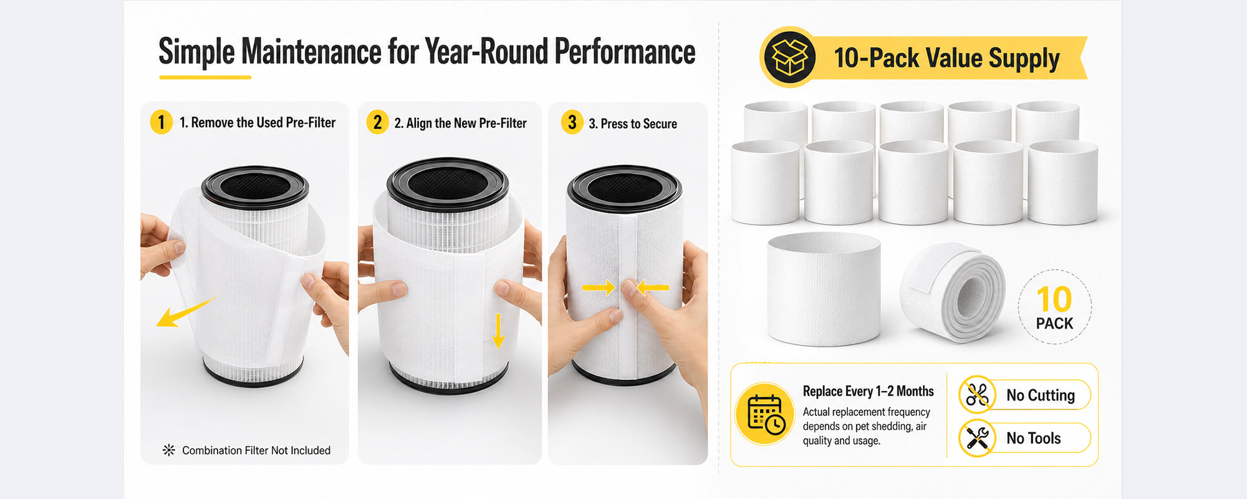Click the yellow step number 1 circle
[x=161, y=122]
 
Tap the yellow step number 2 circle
[x=377, y=122]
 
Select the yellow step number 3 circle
[x=572, y=122]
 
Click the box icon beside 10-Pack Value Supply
[x=790, y=57]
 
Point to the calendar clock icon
[x=765, y=414]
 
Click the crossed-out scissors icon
[x=977, y=394]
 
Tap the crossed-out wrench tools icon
[x=977, y=438]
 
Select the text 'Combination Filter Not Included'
[x=256, y=450]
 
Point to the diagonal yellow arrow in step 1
[x=185, y=311]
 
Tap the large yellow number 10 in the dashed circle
[x=1054, y=299]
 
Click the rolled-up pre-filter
[x=952, y=292]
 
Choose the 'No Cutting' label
[x=1041, y=395]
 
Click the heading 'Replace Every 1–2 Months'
[x=868, y=391]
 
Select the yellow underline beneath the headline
[x=205, y=77]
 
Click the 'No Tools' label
[x=1033, y=438]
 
